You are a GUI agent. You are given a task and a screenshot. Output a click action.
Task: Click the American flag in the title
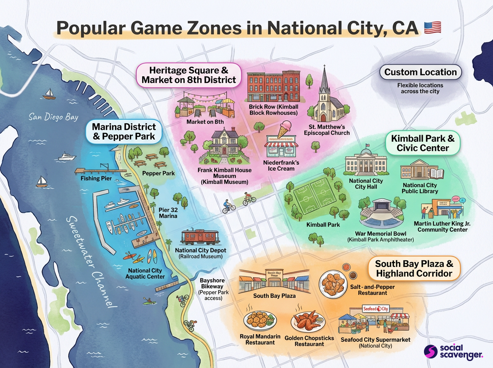click(x=432, y=28)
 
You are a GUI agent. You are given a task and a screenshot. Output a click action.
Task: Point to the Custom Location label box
click(x=420, y=72)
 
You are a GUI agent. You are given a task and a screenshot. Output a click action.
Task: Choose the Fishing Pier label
click(x=96, y=179)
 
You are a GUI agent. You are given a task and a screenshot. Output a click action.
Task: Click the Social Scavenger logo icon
click(x=430, y=352)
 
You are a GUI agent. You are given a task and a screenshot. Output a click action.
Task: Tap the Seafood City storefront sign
click(x=376, y=309)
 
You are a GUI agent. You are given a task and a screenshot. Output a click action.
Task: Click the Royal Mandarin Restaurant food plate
click(x=260, y=319)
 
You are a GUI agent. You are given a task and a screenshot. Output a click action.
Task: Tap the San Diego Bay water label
click(x=53, y=117)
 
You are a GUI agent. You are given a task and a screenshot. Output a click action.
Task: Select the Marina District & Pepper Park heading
click(x=124, y=131)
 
